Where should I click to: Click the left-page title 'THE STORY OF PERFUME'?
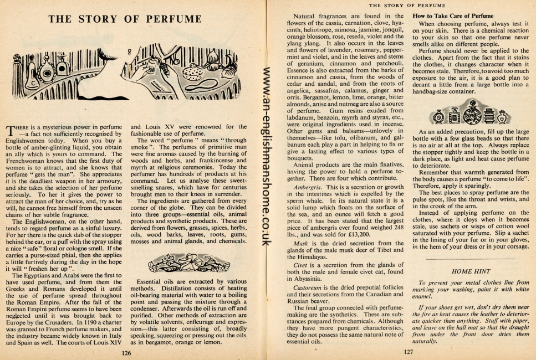(125, 19)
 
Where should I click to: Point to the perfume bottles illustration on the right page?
(471, 116)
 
